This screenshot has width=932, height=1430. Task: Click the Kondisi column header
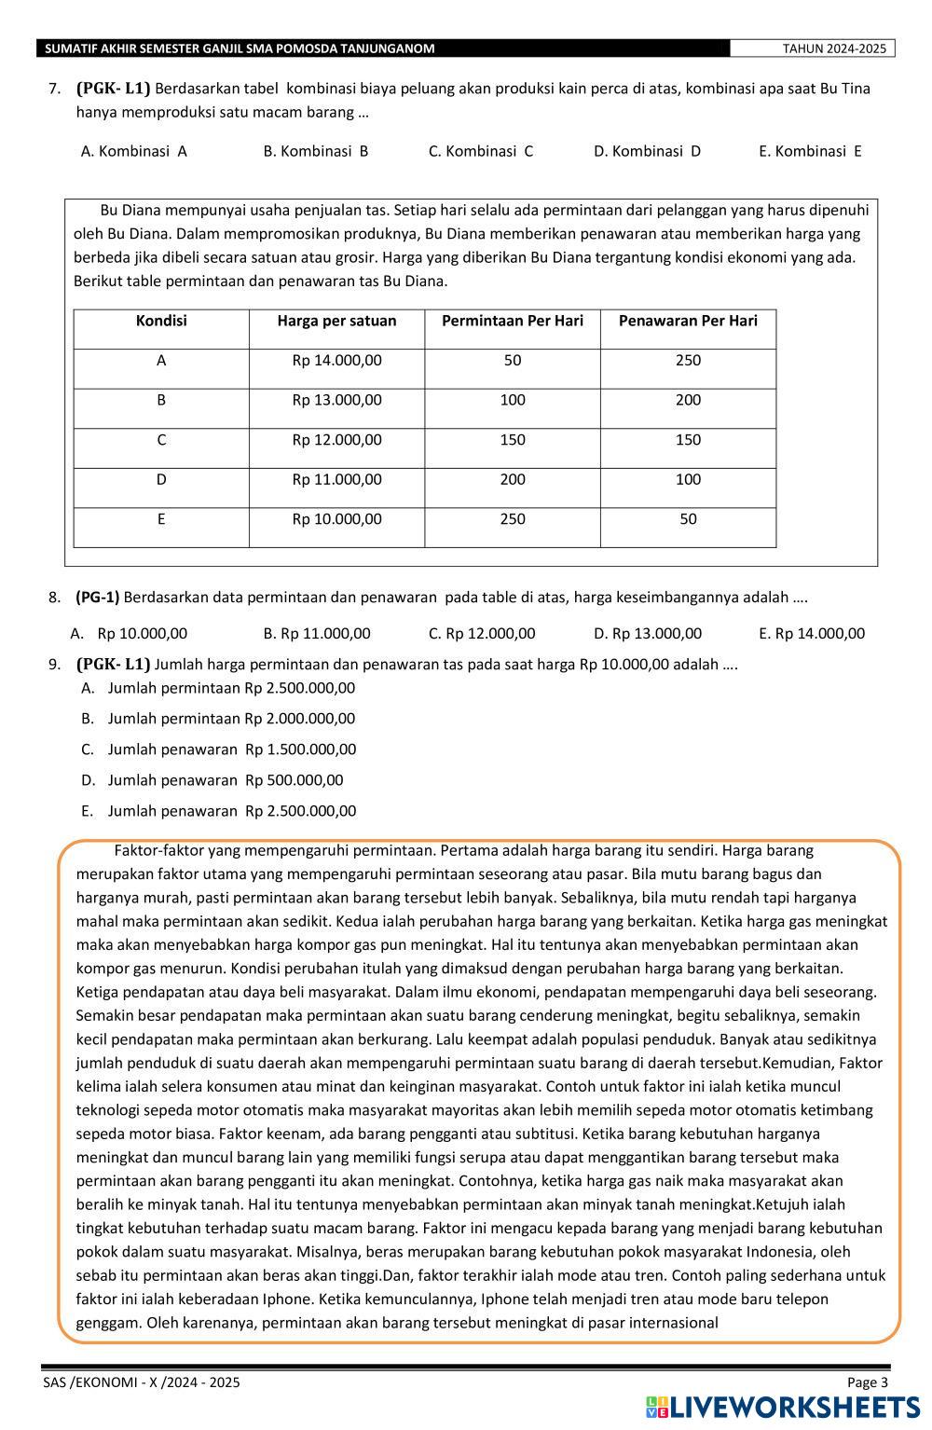[x=161, y=322]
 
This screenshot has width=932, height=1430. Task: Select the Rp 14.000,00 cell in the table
[x=336, y=361]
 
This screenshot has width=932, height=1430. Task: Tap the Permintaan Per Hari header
[x=512, y=322]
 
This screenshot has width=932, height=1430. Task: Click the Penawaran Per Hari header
[x=688, y=322]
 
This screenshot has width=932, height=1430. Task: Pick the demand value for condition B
[x=512, y=401]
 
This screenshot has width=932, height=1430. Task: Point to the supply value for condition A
[x=688, y=361]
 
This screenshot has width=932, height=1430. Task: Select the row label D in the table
[x=161, y=480]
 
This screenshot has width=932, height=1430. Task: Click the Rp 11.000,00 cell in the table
[x=336, y=480]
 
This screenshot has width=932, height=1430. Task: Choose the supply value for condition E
[x=688, y=520]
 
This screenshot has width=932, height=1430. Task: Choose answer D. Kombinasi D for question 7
[x=647, y=151]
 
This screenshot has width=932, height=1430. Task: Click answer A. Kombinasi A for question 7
[x=134, y=151]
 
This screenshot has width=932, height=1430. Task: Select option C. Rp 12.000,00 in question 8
[x=482, y=634]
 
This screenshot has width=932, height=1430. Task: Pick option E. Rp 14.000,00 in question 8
[x=812, y=634]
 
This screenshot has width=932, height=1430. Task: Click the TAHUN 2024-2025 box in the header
[x=812, y=48]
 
